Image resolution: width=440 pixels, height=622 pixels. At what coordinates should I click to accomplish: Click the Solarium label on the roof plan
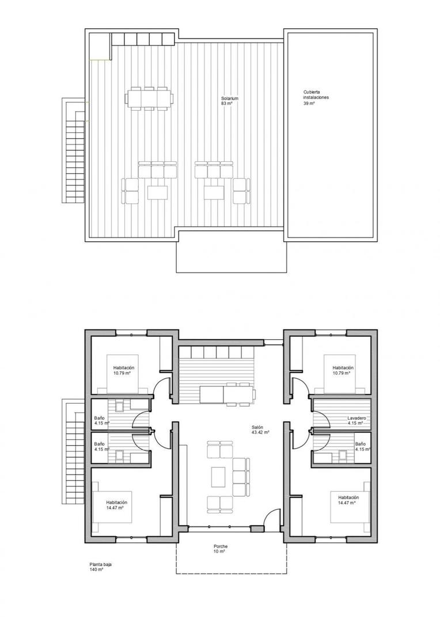click(x=229, y=98)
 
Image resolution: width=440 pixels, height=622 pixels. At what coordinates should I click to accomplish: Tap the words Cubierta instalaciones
click(x=316, y=95)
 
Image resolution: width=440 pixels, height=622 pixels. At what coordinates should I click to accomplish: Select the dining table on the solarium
click(x=148, y=98)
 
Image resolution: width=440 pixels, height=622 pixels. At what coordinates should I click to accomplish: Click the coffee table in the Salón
click(x=218, y=477)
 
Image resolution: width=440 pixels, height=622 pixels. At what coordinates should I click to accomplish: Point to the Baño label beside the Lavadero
click(x=360, y=444)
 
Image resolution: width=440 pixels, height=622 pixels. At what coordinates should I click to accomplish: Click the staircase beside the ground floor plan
click(x=73, y=453)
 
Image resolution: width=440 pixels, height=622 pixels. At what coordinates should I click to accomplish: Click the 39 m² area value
click(x=309, y=104)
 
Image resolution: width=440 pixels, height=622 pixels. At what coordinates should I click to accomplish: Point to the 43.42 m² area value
click(x=260, y=432)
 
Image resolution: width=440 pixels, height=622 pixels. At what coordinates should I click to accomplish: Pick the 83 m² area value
click(x=227, y=104)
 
